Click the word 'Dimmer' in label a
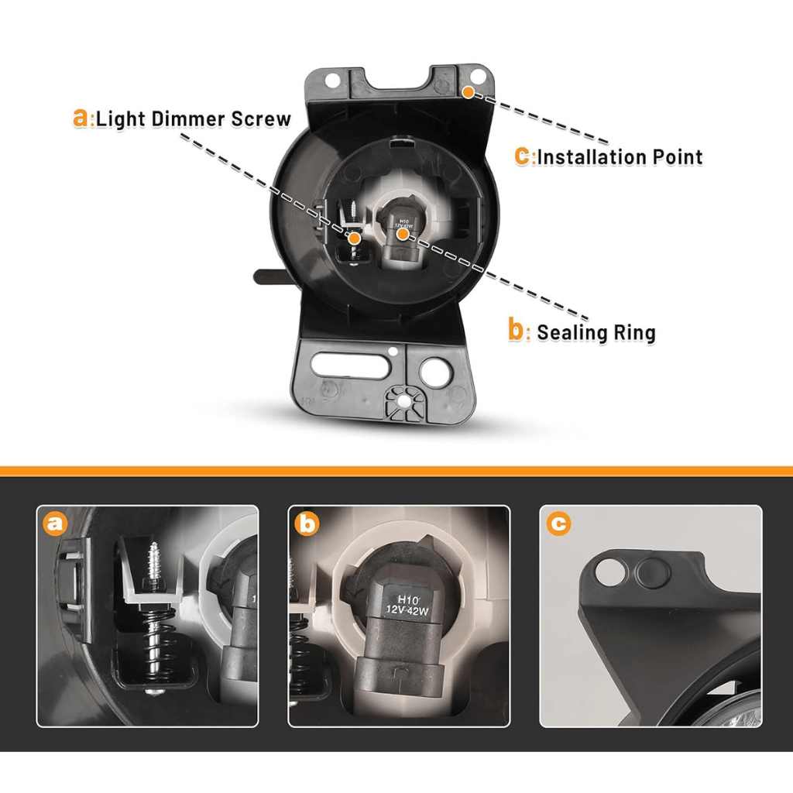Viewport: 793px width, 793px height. [187, 118]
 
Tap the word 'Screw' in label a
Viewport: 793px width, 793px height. [261, 118]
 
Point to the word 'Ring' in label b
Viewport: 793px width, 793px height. [634, 332]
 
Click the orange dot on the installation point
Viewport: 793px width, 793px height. [469, 92]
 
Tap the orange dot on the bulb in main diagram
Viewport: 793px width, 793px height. [403, 234]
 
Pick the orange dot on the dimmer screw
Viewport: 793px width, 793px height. [355, 239]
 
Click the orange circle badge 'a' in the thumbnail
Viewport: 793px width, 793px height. [55, 524]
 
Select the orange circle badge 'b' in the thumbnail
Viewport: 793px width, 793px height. [307, 524]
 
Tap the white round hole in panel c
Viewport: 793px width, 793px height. [610, 572]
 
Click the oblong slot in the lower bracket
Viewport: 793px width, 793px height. [351, 366]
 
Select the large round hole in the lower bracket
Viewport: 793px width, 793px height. [434, 373]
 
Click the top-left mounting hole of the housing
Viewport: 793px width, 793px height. [332, 81]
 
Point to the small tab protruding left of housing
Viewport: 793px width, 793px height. [268, 276]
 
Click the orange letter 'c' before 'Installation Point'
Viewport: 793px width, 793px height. [522, 156]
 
